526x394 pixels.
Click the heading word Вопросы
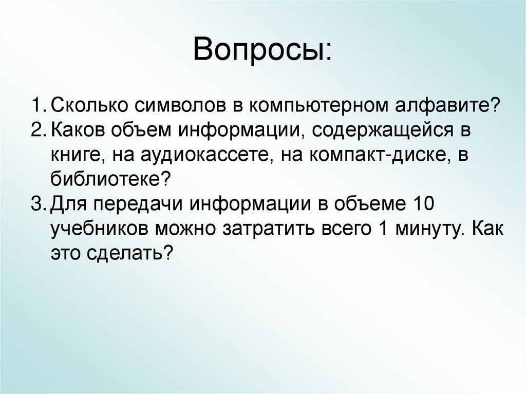[x=262, y=52]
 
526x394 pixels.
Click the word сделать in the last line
[x=134, y=253]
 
